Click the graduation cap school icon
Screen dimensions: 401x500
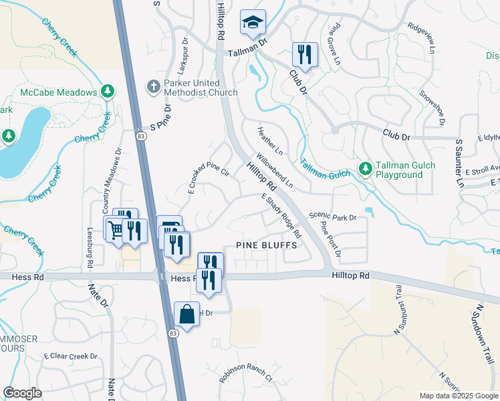253,24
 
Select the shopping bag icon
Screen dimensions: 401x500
187,314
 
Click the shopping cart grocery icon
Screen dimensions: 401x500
116,230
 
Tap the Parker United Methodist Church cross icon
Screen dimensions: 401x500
152,87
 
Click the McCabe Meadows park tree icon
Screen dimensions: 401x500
106,91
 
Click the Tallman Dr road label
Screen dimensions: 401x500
247,41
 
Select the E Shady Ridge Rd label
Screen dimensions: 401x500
281,216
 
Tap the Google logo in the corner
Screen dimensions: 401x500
22,393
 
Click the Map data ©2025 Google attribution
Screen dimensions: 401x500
459,396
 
